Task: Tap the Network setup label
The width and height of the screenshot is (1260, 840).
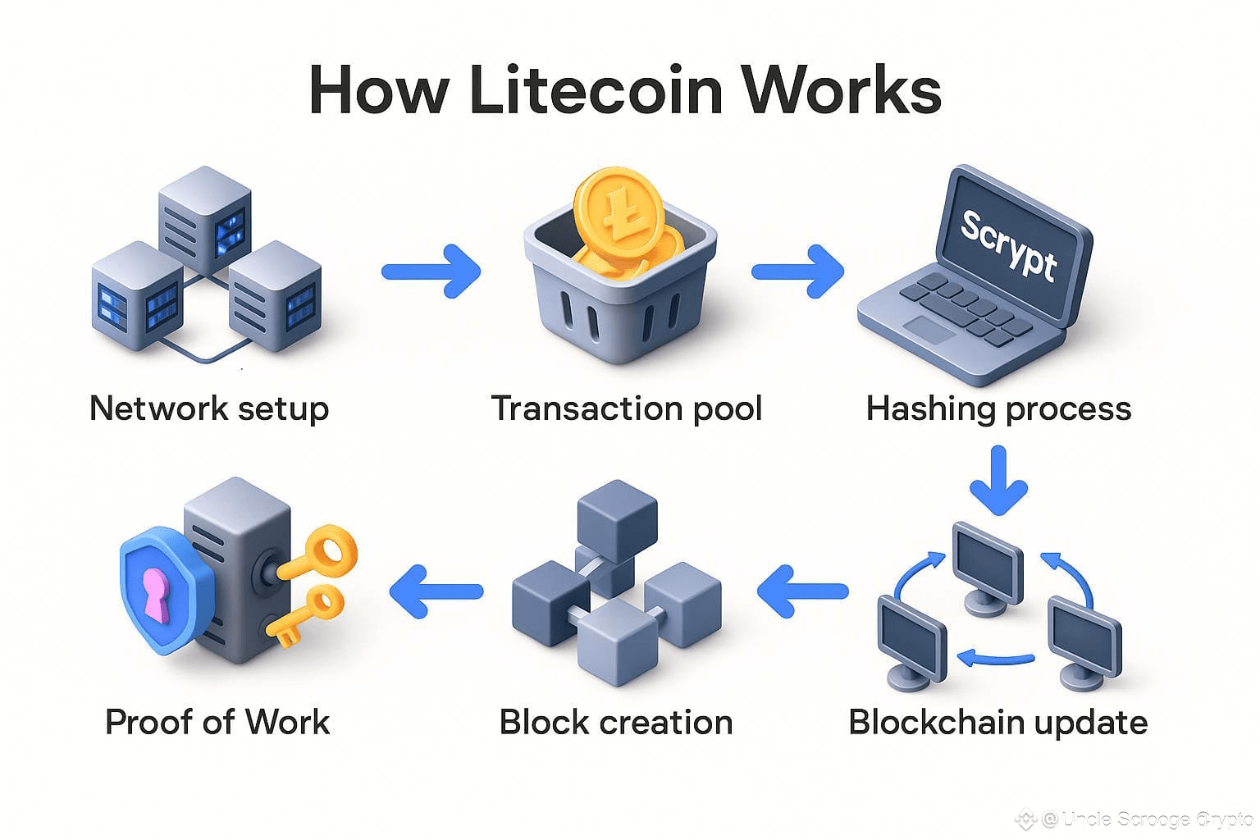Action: pos(209,408)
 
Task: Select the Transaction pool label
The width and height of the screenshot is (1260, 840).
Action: pos(627,408)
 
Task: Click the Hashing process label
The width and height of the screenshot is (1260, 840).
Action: pos(998,408)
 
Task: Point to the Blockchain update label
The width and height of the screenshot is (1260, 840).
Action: pos(997,722)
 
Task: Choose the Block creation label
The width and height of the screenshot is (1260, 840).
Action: pos(616,722)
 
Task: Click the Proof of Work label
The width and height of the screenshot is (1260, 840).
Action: pos(217,722)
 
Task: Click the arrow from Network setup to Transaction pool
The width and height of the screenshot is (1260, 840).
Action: pos(431,270)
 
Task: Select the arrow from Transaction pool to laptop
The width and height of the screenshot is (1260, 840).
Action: pos(797,270)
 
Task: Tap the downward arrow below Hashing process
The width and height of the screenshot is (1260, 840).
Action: pos(997,481)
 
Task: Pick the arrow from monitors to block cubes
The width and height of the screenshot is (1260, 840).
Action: pos(802,591)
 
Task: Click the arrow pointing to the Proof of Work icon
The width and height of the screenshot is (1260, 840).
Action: pos(436,591)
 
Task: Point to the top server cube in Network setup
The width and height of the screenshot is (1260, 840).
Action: pos(204,213)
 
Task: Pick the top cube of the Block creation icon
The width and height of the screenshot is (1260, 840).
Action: pos(618,513)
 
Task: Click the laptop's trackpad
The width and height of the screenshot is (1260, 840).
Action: pos(929,330)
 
